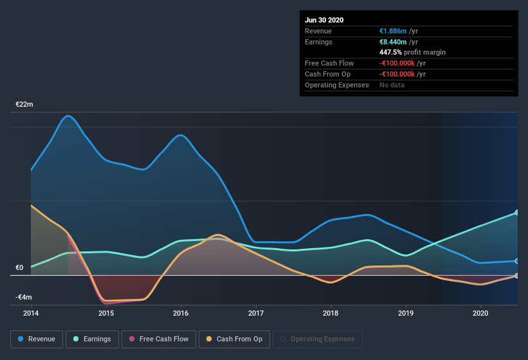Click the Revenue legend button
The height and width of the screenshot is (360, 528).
point(37,339)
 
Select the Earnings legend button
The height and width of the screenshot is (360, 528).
point(92,339)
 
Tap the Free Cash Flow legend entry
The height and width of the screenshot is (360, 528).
point(158,339)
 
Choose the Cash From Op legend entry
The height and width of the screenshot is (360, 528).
point(234,339)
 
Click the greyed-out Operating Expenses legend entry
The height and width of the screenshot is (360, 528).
point(317,339)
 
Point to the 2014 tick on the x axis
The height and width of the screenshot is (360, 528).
point(31,312)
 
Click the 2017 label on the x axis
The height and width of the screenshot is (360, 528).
point(256,312)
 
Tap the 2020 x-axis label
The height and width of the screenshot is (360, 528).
point(480,312)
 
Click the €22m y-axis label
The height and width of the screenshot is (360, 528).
point(24,104)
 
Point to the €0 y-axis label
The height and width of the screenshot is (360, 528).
point(19,268)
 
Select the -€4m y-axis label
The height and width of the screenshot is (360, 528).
point(24,298)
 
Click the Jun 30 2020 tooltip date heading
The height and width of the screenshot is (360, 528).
point(324,20)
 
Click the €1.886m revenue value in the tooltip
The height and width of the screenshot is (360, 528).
point(393,31)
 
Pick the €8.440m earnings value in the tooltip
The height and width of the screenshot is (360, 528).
point(393,42)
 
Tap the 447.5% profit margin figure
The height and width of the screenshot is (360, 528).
point(391,52)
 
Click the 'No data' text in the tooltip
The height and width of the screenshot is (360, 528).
point(392,85)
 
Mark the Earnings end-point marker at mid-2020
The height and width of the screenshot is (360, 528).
point(516,212)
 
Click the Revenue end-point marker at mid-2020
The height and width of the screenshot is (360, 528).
point(516,261)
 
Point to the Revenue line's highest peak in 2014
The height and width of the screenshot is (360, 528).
point(68,116)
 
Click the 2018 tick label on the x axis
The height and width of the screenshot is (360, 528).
point(331,312)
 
